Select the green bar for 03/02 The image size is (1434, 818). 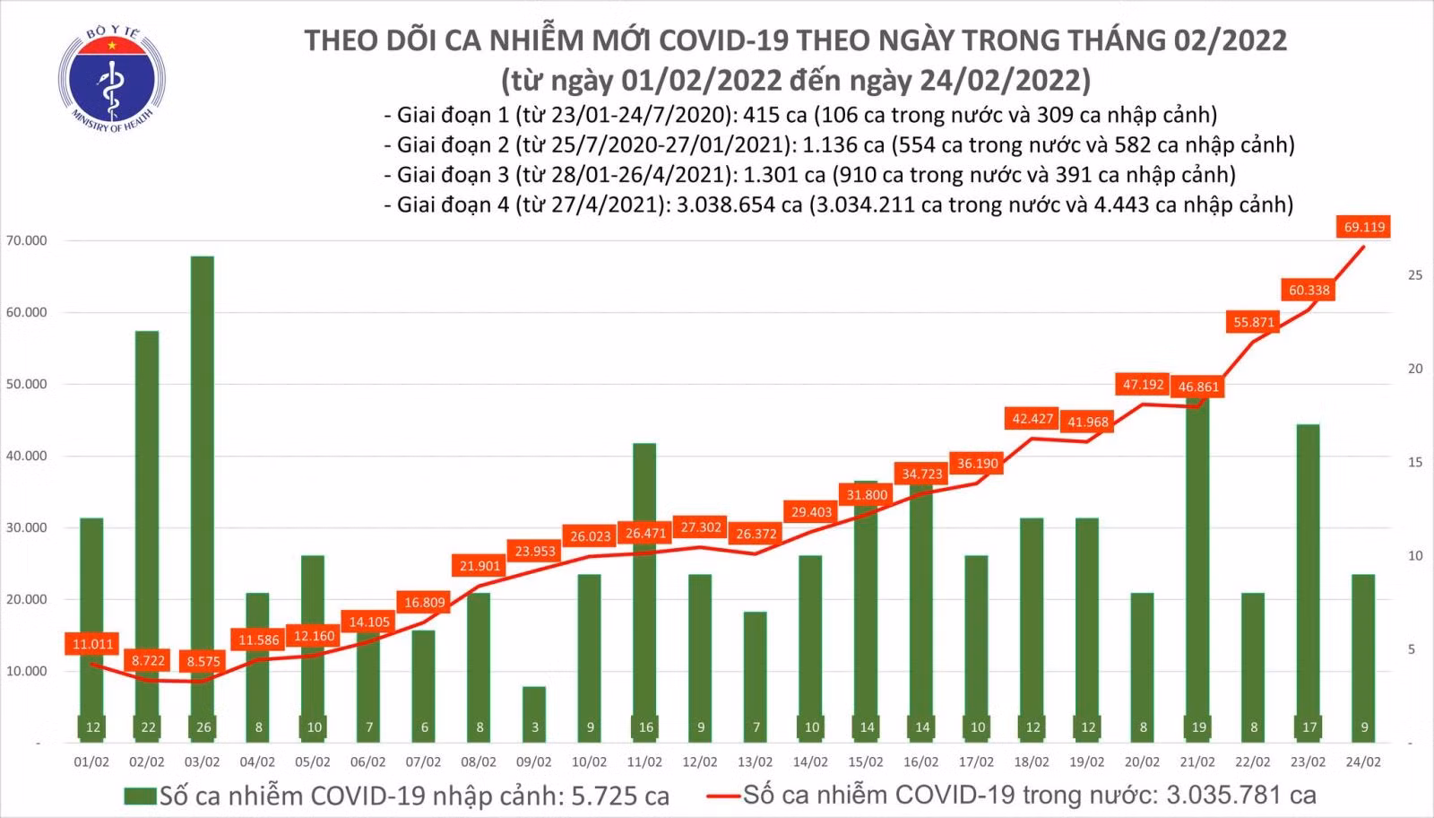pos(203,500)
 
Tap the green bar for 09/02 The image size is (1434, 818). pos(534,715)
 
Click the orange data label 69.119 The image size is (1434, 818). pos(1364,227)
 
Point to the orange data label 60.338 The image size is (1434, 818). pos(1309,291)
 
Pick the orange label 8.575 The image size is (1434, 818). pos(203,661)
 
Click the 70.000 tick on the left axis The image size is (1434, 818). pos(26,241)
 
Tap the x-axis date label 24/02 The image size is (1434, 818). pos(1363,762)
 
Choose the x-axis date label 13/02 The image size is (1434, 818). pos(756,762)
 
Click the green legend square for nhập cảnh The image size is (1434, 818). pos(140,796)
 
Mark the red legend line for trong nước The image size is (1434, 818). pos(724,796)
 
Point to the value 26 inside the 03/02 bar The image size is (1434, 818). pos(203,727)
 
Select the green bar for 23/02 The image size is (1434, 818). pos(1309,584)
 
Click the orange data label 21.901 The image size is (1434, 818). pos(479,566)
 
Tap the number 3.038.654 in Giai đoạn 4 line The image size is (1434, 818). pos(739,205)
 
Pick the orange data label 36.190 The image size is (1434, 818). pos(977,464)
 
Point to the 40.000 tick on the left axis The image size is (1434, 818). pos(26,456)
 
